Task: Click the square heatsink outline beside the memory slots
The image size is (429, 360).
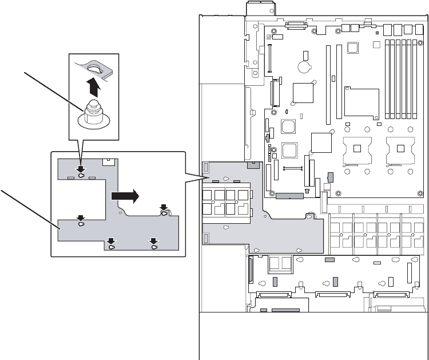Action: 362,104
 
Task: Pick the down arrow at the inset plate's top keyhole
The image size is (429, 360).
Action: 81,169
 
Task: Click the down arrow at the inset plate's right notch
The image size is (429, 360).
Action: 164,207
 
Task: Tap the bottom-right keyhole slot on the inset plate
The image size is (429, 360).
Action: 154,248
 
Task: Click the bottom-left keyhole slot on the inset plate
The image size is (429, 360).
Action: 112,248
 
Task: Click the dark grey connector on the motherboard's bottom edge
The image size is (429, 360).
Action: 289,196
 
